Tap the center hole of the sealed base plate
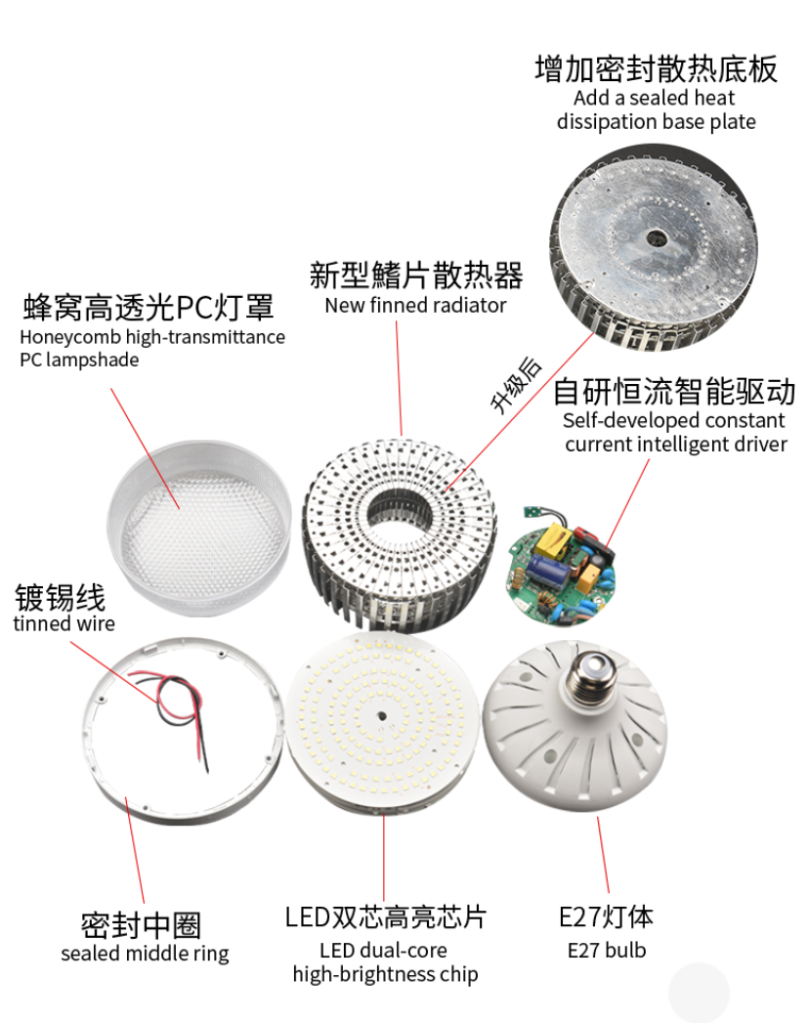point(653,237)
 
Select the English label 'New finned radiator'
point(415,305)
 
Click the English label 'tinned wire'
point(64,623)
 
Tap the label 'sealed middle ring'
point(145,954)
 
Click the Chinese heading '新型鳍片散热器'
point(416,275)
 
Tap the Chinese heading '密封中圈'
point(141,924)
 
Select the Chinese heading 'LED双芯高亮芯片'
point(385,917)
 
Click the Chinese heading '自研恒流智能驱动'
point(674,393)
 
